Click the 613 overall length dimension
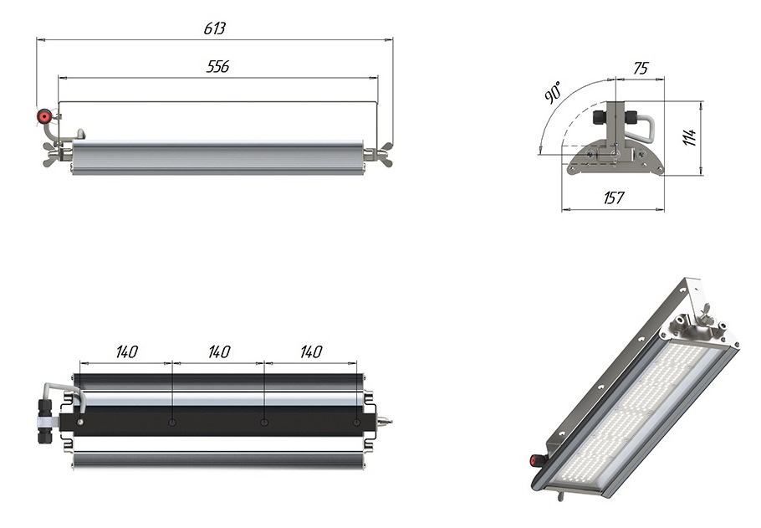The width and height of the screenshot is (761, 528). (x=215, y=28)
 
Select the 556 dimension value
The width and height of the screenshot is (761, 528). (x=218, y=67)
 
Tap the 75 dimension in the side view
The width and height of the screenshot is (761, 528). (x=640, y=69)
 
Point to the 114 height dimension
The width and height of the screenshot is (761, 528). (x=690, y=138)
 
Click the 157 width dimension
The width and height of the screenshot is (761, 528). (x=613, y=198)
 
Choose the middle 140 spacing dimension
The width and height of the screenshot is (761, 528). (x=218, y=352)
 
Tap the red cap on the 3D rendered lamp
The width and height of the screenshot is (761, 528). (x=532, y=459)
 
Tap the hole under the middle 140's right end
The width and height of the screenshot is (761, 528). (x=264, y=423)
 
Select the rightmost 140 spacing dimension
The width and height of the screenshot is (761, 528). (x=310, y=352)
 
